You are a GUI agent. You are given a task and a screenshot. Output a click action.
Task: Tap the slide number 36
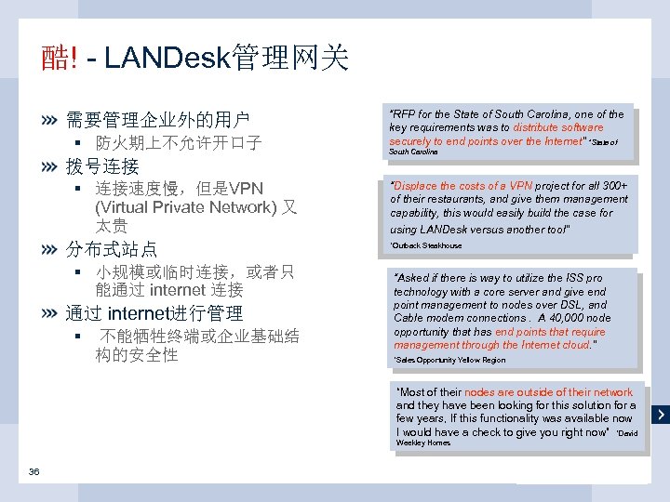tap(33, 471)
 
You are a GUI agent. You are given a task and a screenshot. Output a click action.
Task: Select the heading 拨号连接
tap(102, 166)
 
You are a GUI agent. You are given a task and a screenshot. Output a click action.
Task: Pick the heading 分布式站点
tap(112, 249)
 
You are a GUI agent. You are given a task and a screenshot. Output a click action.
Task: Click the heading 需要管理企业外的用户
tap(157, 120)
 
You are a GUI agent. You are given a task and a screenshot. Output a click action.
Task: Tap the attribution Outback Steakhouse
tap(426, 245)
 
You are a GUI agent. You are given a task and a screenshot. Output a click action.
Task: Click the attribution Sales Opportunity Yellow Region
tap(450, 360)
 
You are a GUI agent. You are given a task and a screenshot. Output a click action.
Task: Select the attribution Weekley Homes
tap(423, 443)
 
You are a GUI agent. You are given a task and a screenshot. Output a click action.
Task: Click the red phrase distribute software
tap(557, 127)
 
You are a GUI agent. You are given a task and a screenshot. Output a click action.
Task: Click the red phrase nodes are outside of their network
tap(548, 392)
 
